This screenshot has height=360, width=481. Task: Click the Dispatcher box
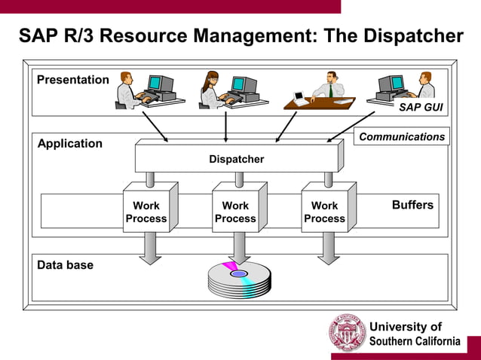pos(236,159)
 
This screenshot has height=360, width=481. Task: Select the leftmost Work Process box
pos(146,212)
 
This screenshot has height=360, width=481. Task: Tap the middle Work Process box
pos(235,212)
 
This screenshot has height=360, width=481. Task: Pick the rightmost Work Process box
pos(324,212)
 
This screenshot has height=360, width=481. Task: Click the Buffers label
pos(412,205)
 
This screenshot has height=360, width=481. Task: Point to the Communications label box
pos(402,136)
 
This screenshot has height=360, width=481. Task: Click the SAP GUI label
pos(421,108)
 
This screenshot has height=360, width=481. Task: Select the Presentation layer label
pos(73,80)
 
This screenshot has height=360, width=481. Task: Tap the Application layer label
pos(70,143)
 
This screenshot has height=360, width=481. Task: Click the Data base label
pos(66,265)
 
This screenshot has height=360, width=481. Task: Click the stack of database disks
pos(239,280)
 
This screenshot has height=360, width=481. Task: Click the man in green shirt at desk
pos(329,87)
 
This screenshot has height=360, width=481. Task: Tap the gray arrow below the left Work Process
pos(150,249)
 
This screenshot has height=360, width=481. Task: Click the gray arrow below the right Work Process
pos(329,249)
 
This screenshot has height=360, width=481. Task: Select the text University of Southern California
pos(414,334)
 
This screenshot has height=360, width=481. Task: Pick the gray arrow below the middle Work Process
pos(240,249)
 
